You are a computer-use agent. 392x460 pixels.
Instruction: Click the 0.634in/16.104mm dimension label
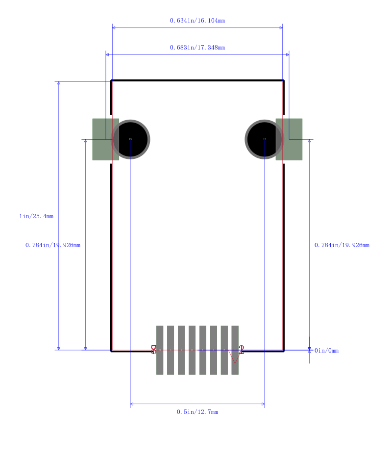click(x=197, y=21)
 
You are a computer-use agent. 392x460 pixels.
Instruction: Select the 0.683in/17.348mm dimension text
click(x=197, y=48)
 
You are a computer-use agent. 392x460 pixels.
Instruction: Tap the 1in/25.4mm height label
click(x=36, y=216)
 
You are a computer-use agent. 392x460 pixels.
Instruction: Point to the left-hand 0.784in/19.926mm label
click(x=53, y=245)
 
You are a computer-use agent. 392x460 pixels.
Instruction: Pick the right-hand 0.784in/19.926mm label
click(x=342, y=245)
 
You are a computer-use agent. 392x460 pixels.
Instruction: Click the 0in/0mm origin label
click(x=326, y=351)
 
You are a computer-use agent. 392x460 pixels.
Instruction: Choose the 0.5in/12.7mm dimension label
click(x=197, y=412)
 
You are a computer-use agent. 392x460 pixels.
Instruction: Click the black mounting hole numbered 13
click(x=130, y=139)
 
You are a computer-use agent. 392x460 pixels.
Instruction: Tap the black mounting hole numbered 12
click(x=264, y=139)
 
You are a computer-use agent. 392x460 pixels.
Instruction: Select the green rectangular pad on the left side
click(x=102, y=139)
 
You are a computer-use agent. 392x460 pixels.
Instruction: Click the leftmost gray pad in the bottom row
click(x=160, y=350)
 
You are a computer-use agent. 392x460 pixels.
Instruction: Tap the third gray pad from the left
click(x=181, y=350)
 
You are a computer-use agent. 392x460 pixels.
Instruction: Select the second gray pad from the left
click(x=171, y=350)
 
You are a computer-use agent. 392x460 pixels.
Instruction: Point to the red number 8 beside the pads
click(x=154, y=350)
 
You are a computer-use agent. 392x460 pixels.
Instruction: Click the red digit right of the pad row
click(x=241, y=350)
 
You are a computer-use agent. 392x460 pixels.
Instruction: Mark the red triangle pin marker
click(x=235, y=358)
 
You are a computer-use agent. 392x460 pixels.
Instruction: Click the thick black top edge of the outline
click(x=197, y=80)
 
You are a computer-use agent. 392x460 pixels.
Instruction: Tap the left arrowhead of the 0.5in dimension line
click(x=132, y=404)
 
